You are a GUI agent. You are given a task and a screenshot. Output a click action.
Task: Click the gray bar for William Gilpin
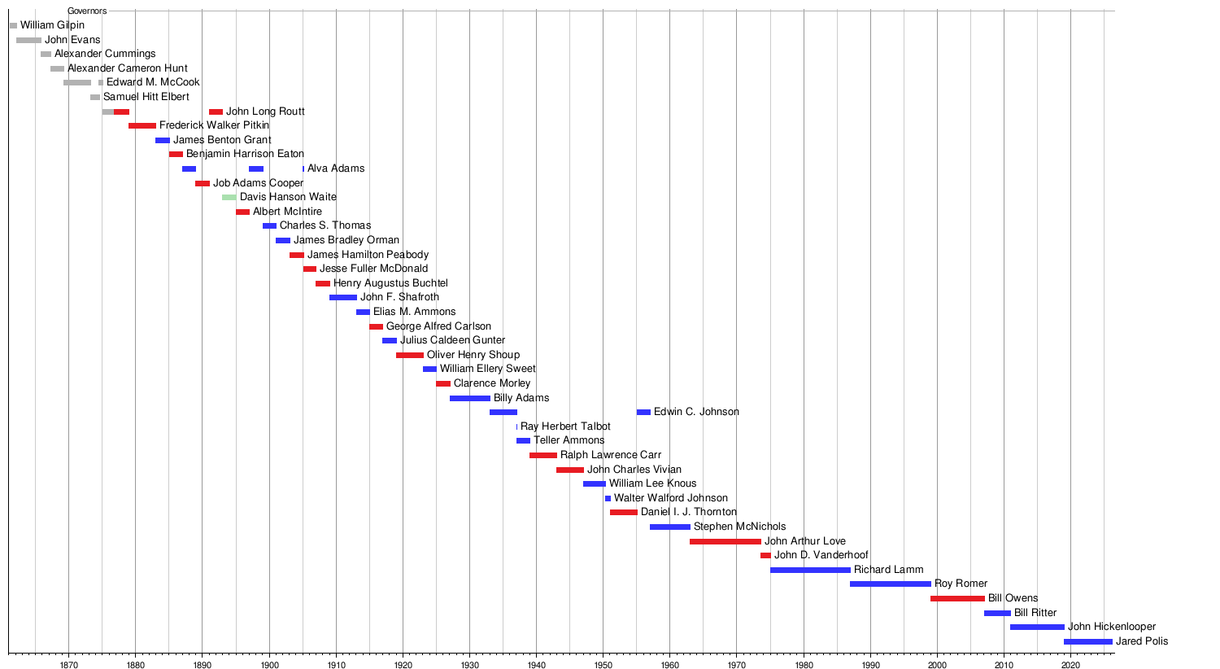(x=13, y=26)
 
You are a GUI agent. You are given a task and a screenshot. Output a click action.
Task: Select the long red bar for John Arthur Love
(x=725, y=541)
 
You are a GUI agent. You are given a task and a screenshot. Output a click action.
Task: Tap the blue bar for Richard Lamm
(x=810, y=570)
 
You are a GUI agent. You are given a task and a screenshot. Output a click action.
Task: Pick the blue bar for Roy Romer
(x=890, y=584)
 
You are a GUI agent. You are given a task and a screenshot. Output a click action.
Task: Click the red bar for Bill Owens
(x=957, y=598)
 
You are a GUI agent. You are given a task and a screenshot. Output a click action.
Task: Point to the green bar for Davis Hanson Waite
(x=229, y=197)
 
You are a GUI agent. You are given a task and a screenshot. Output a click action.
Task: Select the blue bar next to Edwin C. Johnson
(x=643, y=412)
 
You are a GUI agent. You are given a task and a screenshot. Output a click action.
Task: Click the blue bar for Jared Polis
(x=1087, y=641)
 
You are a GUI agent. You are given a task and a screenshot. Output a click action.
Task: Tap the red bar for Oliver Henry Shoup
(x=410, y=355)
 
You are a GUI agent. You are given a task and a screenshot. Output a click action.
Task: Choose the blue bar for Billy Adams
(x=470, y=398)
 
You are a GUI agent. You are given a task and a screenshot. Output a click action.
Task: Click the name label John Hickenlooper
(x=1111, y=627)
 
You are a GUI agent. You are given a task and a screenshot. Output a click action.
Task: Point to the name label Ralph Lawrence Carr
(x=610, y=455)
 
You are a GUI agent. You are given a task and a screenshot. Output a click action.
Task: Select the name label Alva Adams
(x=336, y=168)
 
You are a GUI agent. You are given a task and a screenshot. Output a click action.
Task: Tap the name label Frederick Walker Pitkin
(x=214, y=125)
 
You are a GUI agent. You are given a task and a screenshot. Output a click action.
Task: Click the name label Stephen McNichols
(x=739, y=527)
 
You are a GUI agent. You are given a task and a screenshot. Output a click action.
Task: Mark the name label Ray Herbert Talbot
(x=565, y=426)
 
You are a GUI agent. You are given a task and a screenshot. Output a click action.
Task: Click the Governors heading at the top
(x=87, y=11)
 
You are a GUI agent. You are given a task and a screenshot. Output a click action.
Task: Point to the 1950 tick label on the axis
(x=603, y=665)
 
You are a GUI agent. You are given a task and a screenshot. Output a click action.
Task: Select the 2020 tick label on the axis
(x=1070, y=665)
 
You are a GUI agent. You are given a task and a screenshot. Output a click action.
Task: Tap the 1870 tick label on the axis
(x=68, y=665)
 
